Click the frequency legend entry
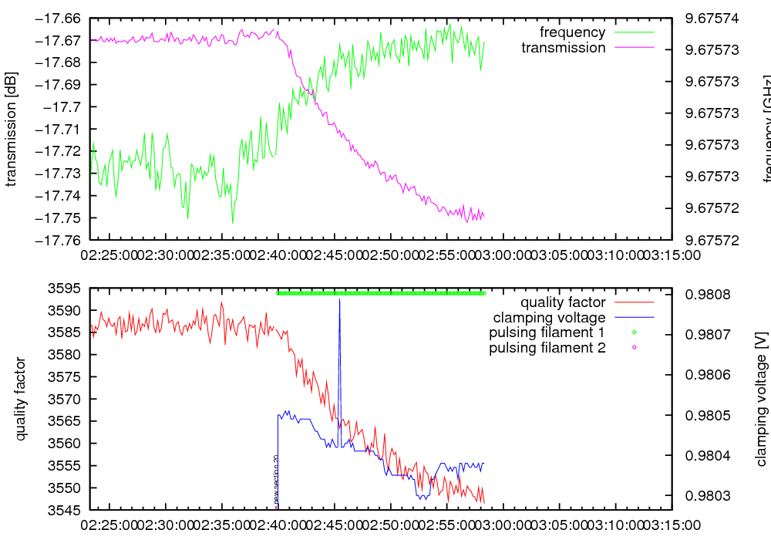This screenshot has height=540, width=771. [x=572, y=32]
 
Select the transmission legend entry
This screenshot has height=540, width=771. [x=564, y=48]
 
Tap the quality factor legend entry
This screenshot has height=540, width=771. [x=563, y=302]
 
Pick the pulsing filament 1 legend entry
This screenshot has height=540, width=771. [x=547, y=332]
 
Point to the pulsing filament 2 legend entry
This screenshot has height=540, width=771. [x=547, y=348]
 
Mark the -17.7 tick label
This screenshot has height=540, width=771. [x=64, y=106]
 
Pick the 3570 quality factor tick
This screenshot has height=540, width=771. [x=68, y=400]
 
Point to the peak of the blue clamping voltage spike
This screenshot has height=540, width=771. [x=339, y=299]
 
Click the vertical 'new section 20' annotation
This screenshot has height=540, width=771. [x=276, y=478]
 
